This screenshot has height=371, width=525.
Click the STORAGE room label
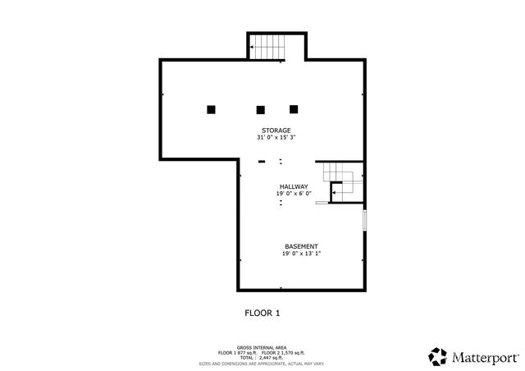[276, 131]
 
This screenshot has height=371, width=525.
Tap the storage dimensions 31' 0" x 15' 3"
[276, 138]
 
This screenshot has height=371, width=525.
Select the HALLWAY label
[294, 186]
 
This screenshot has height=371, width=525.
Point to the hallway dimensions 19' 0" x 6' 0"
[294, 194]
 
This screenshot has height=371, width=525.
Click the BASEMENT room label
[300, 246]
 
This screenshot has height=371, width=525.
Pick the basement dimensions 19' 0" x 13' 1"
[300, 254]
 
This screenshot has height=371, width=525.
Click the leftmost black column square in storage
[211, 109]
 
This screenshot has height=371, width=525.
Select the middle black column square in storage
[261, 109]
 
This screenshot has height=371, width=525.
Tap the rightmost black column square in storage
[294, 108]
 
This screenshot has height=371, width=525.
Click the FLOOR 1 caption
[262, 313]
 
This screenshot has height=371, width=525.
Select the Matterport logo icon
[437, 356]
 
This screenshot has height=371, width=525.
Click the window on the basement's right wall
[365, 222]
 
